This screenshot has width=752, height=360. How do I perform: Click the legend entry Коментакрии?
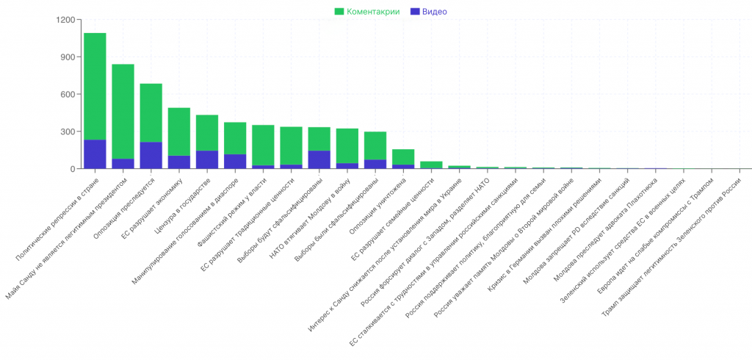click(x=366, y=11)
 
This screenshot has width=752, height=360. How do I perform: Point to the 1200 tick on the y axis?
click(x=64, y=20)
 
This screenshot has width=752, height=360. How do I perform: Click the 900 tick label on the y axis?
click(x=67, y=57)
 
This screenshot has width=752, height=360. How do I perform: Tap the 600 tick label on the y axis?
click(x=67, y=95)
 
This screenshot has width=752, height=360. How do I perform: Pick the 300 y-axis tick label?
click(x=67, y=132)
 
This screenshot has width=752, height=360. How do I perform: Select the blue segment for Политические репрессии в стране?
click(x=95, y=154)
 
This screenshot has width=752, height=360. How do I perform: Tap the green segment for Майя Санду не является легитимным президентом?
click(x=123, y=111)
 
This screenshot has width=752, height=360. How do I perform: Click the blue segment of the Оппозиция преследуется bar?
click(x=151, y=156)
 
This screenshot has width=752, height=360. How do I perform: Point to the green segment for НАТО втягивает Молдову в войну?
click(x=347, y=145)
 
